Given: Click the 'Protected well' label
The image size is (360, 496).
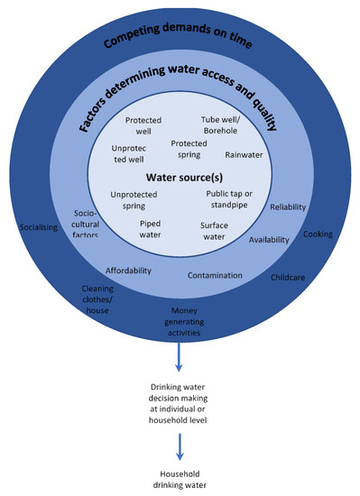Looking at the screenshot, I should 143,125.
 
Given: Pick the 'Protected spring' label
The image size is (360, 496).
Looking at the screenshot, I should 189,148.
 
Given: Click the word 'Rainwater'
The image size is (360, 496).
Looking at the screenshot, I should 244,154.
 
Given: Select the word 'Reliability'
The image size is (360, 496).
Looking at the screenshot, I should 288,207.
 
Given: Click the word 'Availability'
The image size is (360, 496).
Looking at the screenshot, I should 269,240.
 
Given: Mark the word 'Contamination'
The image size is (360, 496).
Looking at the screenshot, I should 215,274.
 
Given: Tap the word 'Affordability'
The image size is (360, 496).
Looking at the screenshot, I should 129,270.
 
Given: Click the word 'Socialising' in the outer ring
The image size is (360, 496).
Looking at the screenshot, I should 38,227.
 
